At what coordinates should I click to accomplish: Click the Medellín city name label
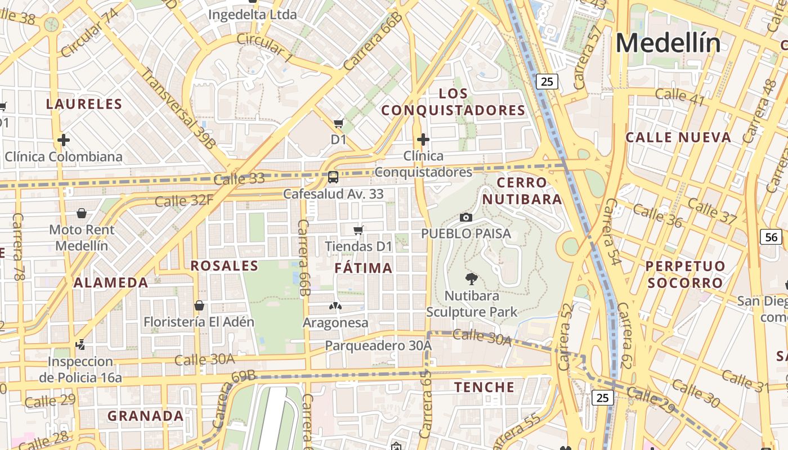point(668,43)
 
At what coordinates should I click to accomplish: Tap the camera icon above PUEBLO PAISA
point(466,217)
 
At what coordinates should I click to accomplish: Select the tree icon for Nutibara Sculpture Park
point(471,278)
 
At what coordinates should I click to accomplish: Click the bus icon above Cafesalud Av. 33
point(333,177)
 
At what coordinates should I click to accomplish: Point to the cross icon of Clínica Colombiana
point(64,139)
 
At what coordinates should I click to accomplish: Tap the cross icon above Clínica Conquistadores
point(423,139)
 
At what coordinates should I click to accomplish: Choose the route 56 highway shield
point(771,237)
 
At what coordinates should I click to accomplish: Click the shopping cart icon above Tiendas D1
point(358,230)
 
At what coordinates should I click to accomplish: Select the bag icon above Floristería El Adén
point(199,305)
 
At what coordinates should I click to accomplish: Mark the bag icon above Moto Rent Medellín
point(82,213)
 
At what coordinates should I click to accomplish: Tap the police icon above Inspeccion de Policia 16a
point(80,344)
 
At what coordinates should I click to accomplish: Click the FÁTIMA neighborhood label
point(364,268)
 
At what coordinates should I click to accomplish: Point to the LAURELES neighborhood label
point(84,104)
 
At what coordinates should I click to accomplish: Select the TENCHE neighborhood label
point(484,387)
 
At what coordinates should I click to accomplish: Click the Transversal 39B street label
point(178,109)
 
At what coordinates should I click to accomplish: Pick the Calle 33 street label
point(239,179)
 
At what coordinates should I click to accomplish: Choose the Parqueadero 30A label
point(378,345)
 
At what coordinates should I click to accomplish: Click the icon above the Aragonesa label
point(335,307)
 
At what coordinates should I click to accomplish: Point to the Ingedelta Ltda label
point(252,15)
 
